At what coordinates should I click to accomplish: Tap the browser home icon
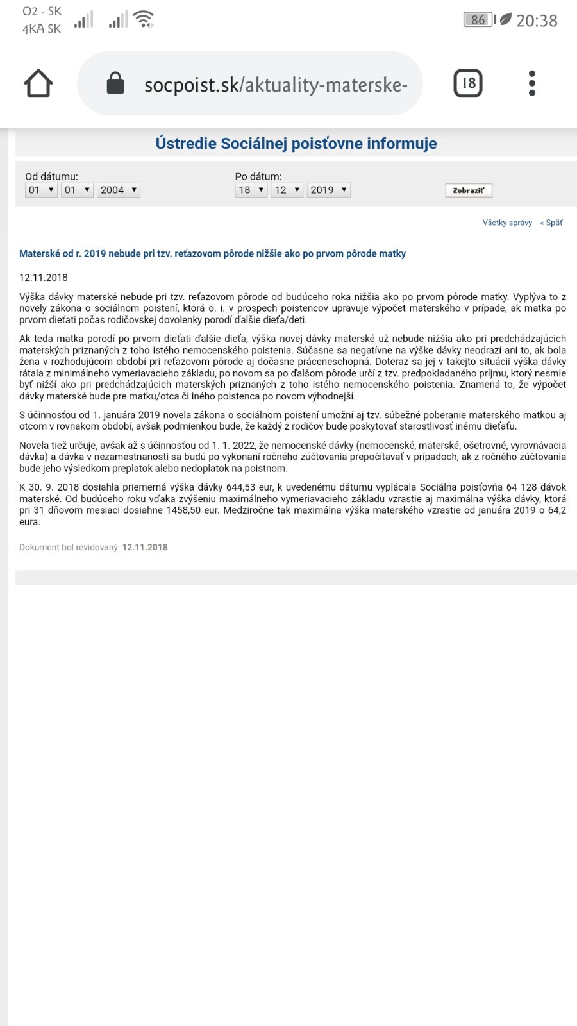pyautogui.click(x=38, y=83)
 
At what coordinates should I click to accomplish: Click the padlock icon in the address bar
pyautogui.click(x=115, y=83)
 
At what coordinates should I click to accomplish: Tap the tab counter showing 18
pyautogui.click(x=468, y=83)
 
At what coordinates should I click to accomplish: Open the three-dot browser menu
pyautogui.click(x=532, y=83)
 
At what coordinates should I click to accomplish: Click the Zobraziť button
pyautogui.click(x=469, y=190)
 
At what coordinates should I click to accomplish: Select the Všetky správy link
pyautogui.click(x=507, y=223)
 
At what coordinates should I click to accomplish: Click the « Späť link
pyautogui.click(x=551, y=223)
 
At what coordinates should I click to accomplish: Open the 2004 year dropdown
pyautogui.click(x=119, y=190)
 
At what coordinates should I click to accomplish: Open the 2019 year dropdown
pyautogui.click(x=329, y=190)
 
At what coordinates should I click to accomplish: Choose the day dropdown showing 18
pyautogui.click(x=251, y=190)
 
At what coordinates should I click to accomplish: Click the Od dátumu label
pyautogui.click(x=51, y=176)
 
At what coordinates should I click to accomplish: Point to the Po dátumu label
pyautogui.click(x=258, y=176)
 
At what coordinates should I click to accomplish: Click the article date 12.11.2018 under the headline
pyautogui.click(x=44, y=278)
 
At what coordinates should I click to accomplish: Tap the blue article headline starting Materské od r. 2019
pyautogui.click(x=212, y=254)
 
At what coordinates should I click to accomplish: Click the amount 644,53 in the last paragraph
pyautogui.click(x=241, y=487)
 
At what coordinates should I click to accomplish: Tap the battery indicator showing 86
pyautogui.click(x=478, y=20)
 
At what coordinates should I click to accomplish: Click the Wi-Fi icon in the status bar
pyautogui.click(x=144, y=19)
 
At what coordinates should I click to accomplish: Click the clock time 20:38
pyautogui.click(x=537, y=21)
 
